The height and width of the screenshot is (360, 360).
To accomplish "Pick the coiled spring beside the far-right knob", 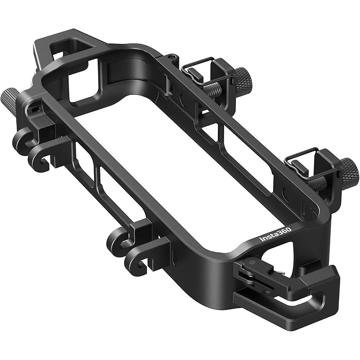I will pyautogui.click(x=326, y=182).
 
